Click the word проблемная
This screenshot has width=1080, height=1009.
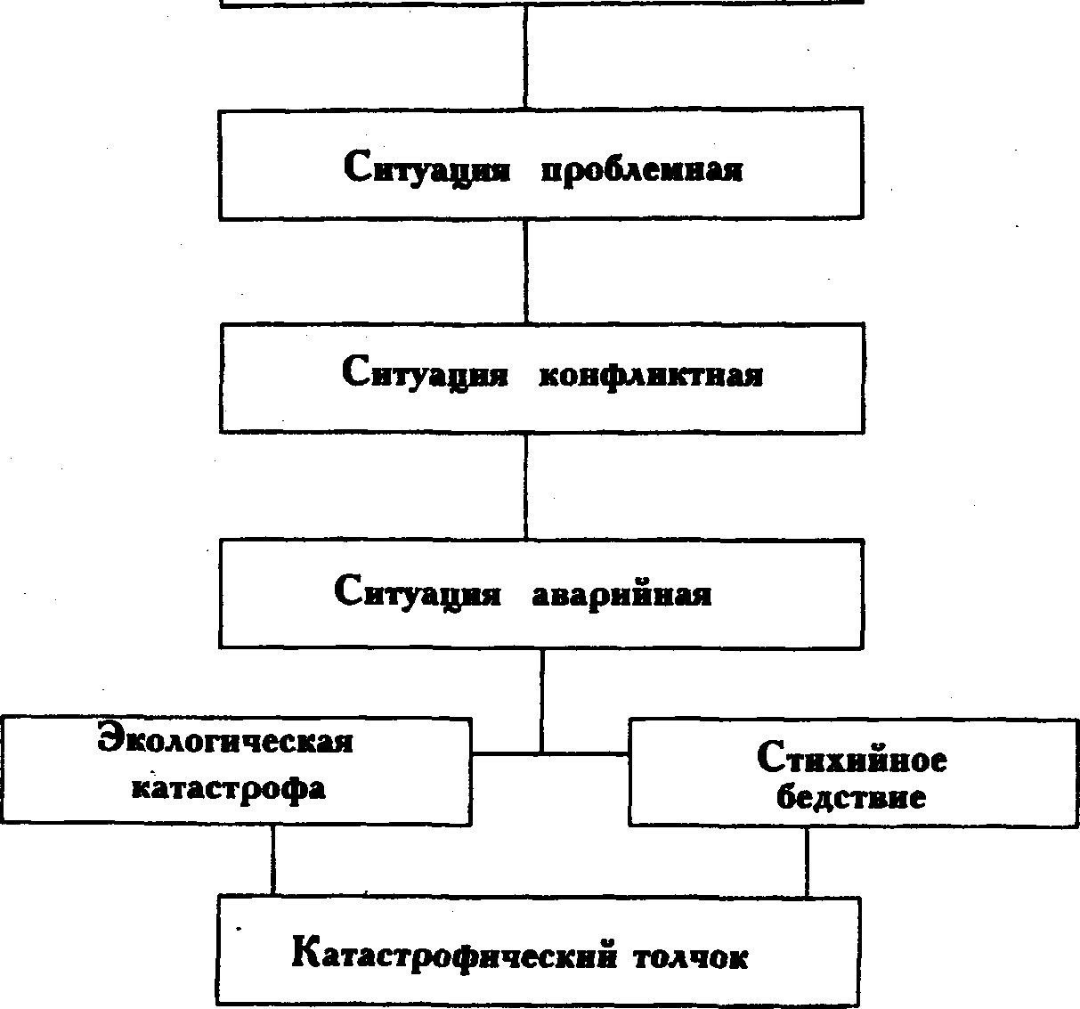(x=642, y=169)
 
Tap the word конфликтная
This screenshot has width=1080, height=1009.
(x=651, y=375)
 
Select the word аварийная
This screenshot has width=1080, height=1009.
(x=621, y=594)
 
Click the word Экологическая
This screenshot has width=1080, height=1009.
(x=225, y=740)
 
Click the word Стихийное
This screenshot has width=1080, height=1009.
(x=851, y=758)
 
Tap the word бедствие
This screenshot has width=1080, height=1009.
(x=851, y=797)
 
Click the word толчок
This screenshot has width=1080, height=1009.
(x=691, y=958)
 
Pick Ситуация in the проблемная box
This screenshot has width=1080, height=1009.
(x=426, y=167)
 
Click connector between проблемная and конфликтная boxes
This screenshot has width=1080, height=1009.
(x=526, y=271)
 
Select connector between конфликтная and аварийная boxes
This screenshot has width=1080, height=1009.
(x=526, y=485)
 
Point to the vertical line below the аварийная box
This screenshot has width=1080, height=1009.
(x=542, y=701)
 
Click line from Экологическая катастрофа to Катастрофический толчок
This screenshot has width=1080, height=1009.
(x=273, y=860)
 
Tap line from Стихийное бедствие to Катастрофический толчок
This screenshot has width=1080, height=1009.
(x=807, y=861)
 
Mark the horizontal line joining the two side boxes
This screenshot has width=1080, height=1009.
(x=549, y=754)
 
